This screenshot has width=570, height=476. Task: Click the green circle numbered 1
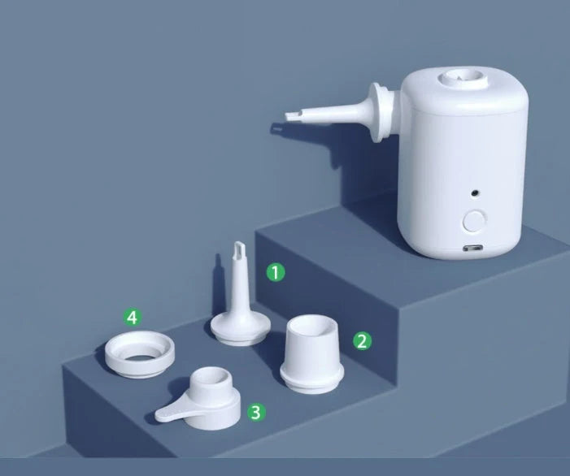[276, 272]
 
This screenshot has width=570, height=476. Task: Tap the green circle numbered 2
[362, 341]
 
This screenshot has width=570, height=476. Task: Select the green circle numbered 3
[255, 412]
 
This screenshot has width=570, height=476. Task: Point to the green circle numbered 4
[132, 316]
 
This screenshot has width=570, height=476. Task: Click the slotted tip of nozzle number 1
[240, 248]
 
